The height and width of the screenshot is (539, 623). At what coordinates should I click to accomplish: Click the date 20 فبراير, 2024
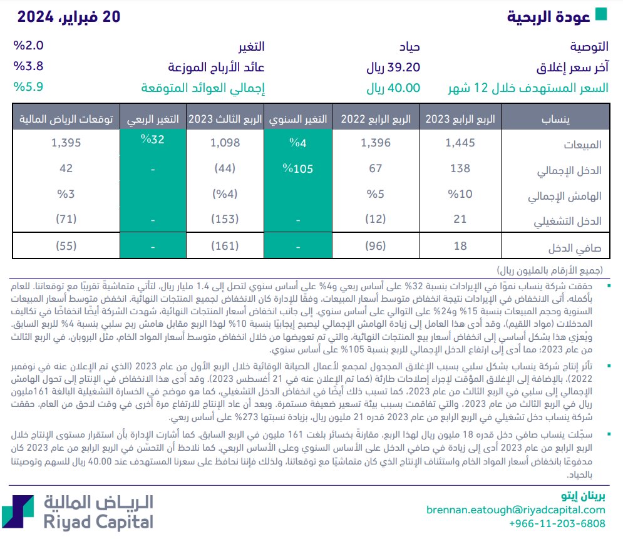68,17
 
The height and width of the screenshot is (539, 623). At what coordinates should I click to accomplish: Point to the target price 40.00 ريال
393,88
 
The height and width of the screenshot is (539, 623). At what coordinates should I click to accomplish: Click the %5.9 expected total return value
28,88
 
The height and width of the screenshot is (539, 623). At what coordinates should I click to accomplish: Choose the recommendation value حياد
406,47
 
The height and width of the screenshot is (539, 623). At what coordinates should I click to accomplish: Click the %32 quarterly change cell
153,140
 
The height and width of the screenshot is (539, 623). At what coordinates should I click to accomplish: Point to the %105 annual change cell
297,168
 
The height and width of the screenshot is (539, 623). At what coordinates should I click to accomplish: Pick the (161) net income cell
226,246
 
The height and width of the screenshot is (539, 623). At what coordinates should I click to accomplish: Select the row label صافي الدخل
575,248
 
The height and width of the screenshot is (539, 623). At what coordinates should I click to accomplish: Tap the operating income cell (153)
226,220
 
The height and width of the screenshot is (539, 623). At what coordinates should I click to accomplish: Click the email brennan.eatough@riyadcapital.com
516,510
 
